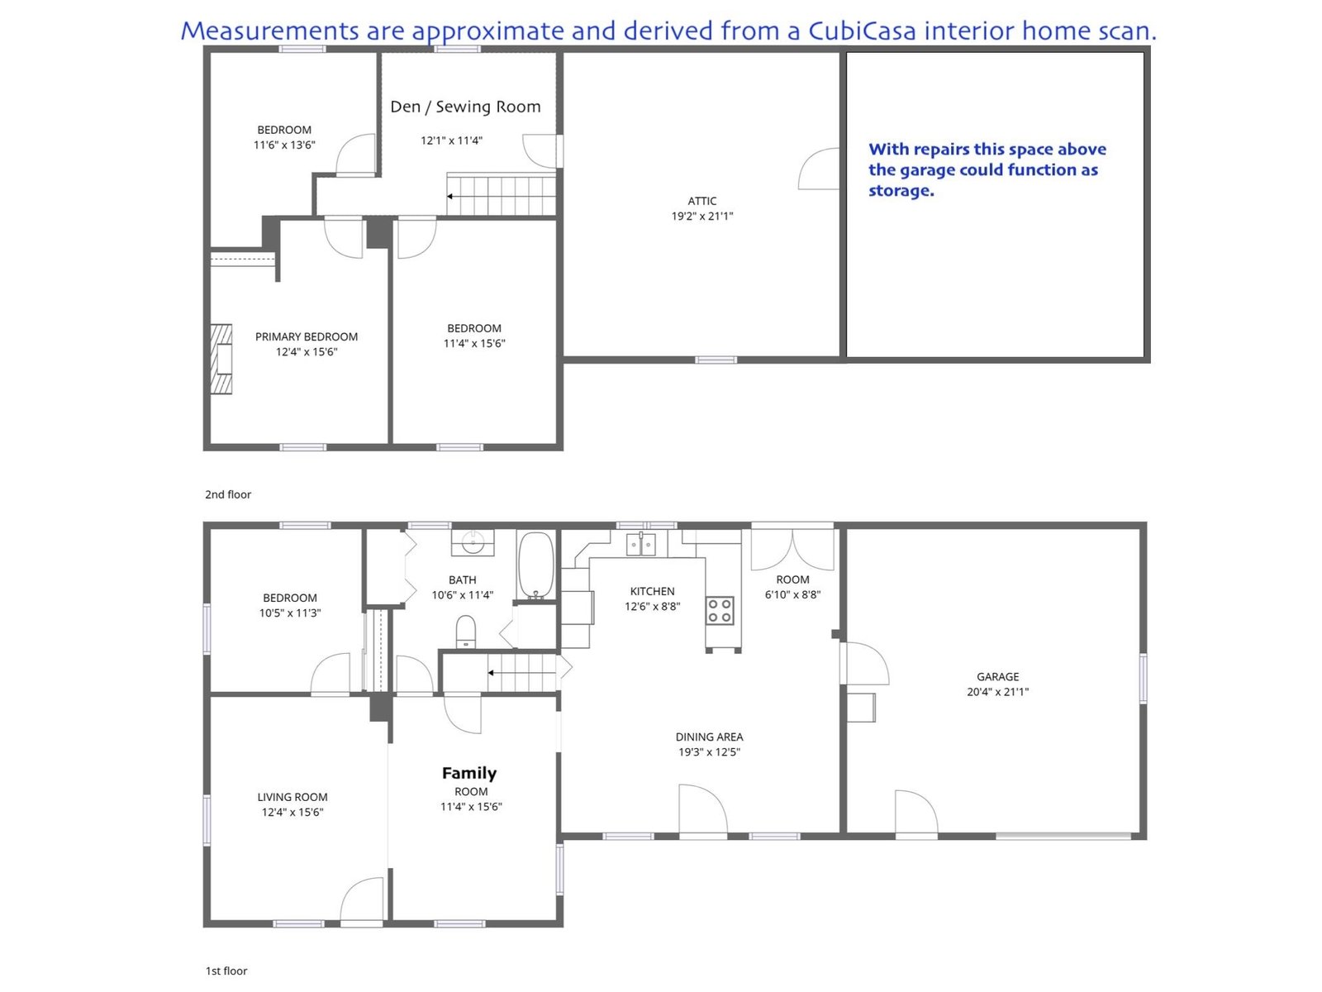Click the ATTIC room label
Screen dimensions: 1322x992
point(701,201)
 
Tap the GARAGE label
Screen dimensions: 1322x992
point(997,676)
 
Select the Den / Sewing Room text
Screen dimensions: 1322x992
point(465,107)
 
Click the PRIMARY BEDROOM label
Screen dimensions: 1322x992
point(306,336)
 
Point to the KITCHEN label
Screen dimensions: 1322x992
point(652,591)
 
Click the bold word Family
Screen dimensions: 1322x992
point(469,774)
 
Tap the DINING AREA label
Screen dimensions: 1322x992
point(709,737)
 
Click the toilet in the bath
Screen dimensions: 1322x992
point(465,631)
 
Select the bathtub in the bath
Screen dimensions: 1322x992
point(535,565)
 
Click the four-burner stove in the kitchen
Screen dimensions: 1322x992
point(720,611)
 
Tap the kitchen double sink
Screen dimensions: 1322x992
point(640,544)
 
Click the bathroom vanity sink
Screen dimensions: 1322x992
point(473,542)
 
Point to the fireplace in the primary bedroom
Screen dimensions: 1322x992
point(221,359)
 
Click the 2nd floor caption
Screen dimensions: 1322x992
point(228,494)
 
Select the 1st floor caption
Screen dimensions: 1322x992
point(226,971)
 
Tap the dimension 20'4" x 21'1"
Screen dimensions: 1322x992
point(997,691)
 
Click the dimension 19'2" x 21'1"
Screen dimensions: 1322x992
point(701,217)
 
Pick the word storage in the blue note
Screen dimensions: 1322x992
point(901,191)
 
